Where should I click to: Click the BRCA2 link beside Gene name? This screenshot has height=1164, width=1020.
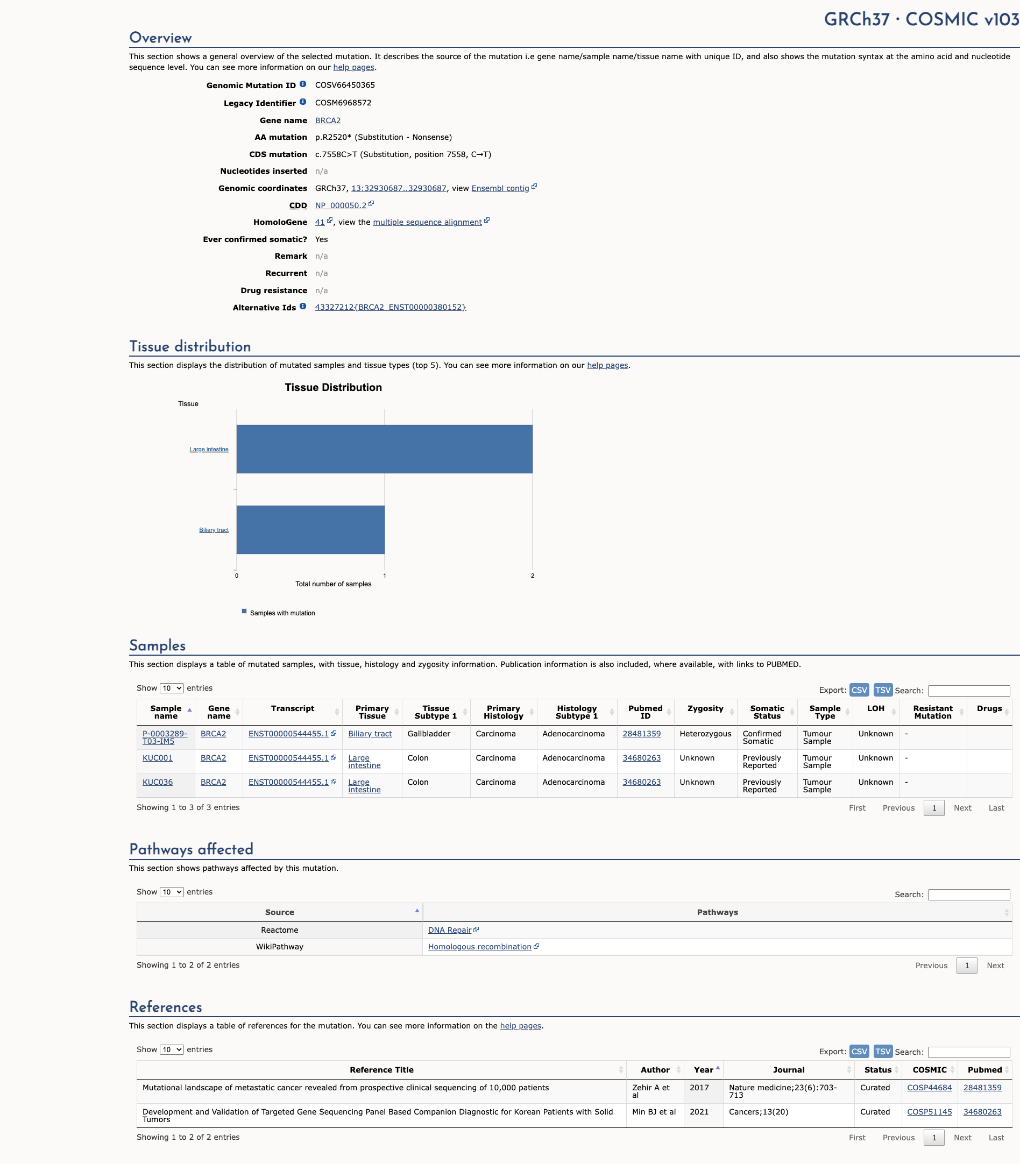[328, 120]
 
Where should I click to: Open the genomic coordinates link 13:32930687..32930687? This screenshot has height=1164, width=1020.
[399, 188]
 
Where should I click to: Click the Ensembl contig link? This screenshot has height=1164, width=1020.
[500, 188]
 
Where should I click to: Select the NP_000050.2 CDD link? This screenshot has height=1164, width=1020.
[341, 205]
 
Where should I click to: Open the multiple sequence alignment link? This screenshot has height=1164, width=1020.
[427, 223]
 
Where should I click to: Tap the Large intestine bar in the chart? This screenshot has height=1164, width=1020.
[384, 449]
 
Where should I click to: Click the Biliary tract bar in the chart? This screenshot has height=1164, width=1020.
[310, 529]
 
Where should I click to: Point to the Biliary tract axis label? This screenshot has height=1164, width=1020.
[214, 530]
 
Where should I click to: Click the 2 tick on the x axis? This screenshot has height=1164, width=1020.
[532, 576]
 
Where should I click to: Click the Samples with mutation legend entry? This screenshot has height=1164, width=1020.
[282, 613]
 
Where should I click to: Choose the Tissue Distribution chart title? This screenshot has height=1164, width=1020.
[333, 388]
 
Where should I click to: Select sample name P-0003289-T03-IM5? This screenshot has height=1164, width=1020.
[165, 737]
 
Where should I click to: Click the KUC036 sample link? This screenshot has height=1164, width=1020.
[157, 782]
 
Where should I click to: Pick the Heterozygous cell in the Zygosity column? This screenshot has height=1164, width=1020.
[705, 734]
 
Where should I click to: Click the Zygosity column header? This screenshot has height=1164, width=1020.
[705, 708]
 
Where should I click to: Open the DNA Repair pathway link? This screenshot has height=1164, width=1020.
[449, 930]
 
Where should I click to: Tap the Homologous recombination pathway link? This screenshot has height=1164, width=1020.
[479, 947]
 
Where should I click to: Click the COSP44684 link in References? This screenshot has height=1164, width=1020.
[929, 1088]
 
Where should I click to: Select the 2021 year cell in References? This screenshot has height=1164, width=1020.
[699, 1112]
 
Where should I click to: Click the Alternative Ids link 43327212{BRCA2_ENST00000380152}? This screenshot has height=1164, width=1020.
[390, 307]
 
